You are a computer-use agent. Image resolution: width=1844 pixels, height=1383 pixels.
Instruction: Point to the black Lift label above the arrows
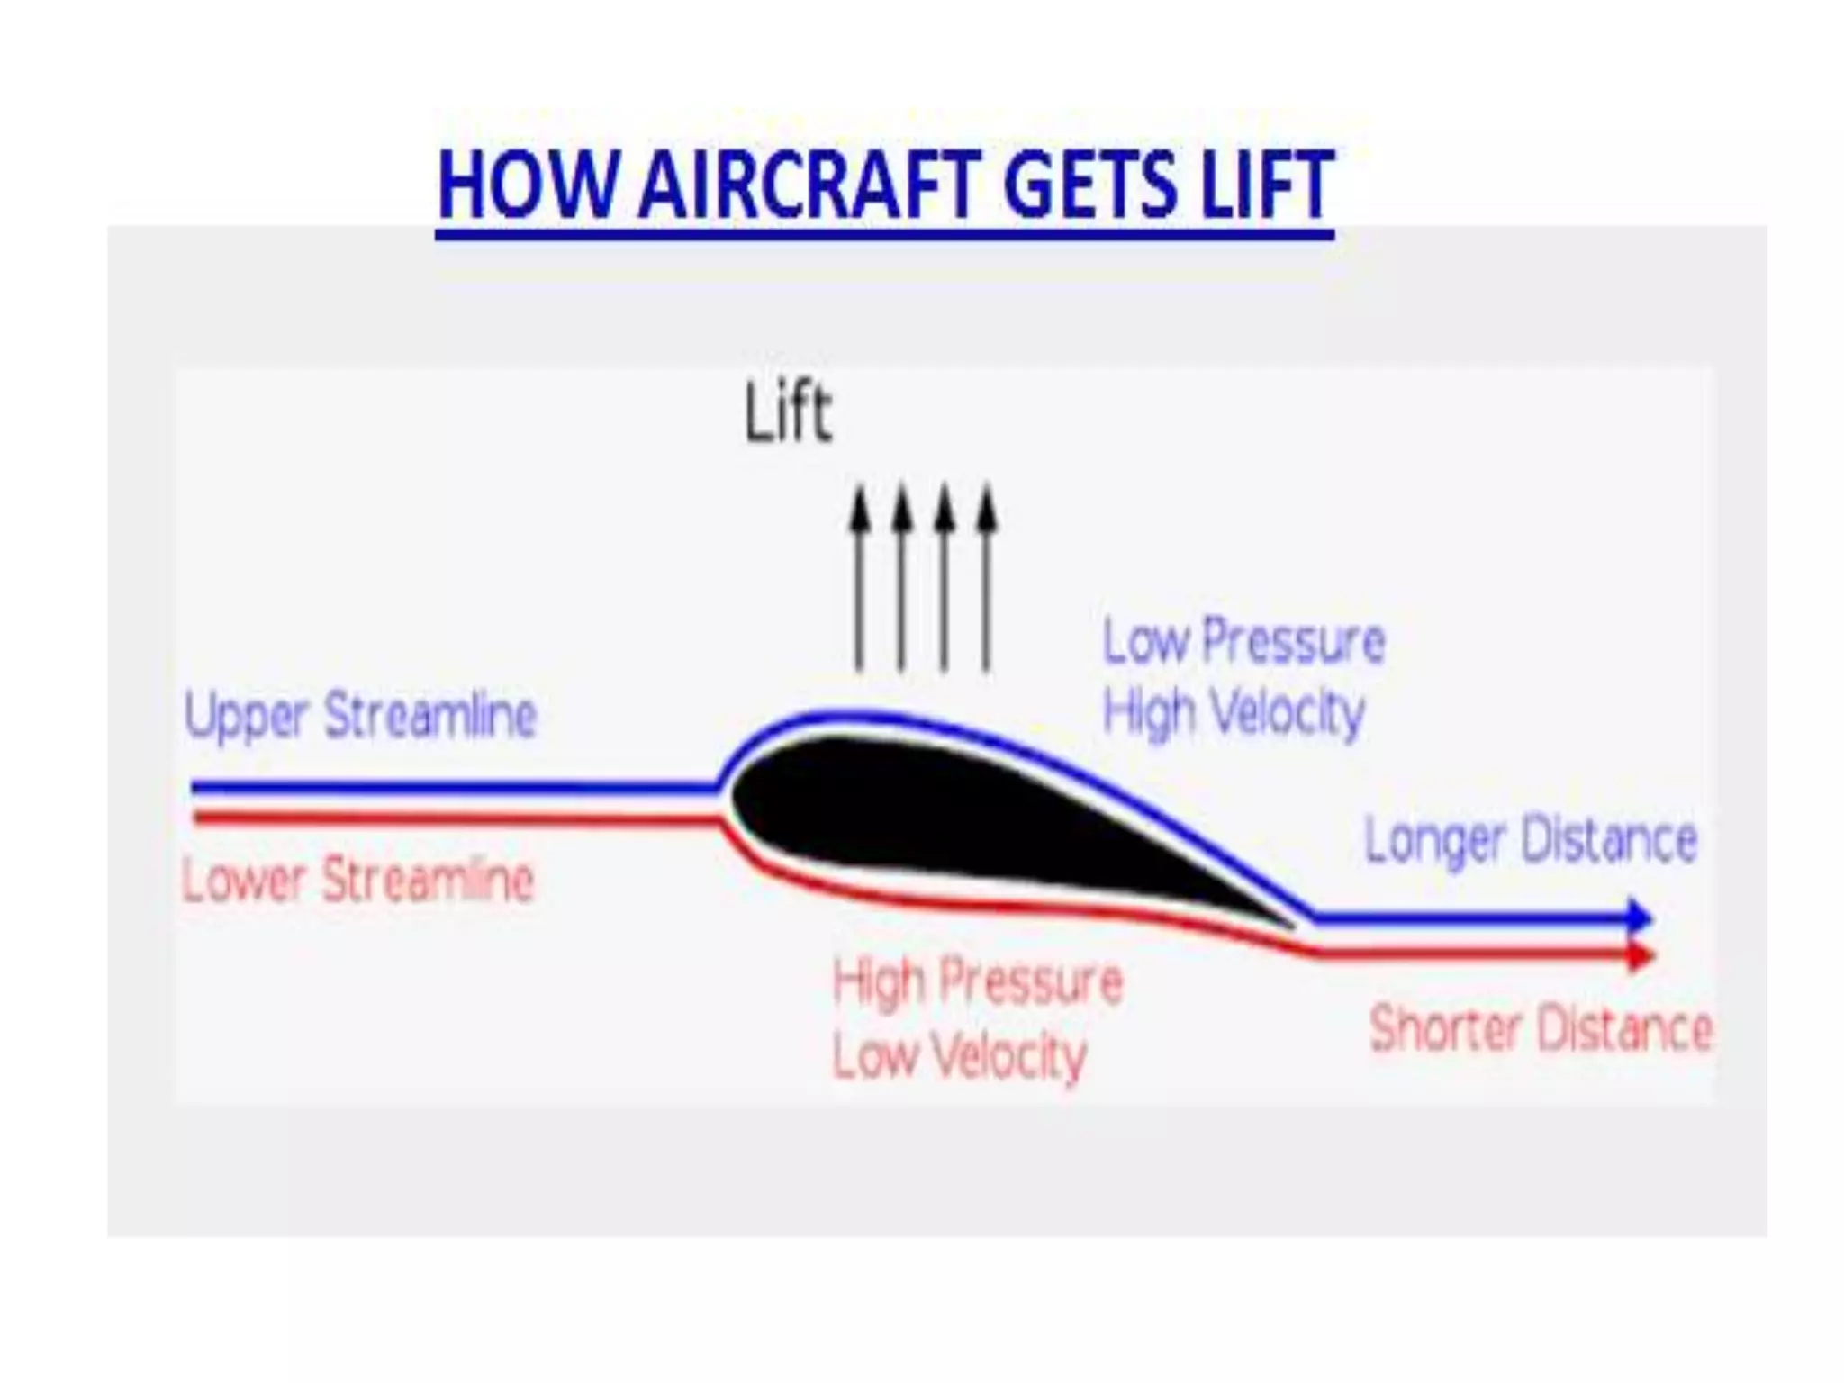point(788,414)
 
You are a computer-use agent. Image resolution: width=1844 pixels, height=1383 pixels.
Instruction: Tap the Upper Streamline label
point(360,717)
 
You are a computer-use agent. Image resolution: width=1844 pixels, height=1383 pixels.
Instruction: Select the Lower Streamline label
point(357,880)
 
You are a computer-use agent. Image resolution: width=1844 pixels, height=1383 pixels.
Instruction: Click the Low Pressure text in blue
point(1243,642)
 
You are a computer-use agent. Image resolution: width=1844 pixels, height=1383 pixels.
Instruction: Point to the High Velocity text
point(1234,713)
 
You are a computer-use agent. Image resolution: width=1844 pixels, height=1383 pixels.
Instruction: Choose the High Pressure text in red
point(978,981)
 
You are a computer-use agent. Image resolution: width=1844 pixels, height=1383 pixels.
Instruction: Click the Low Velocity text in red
point(960,1055)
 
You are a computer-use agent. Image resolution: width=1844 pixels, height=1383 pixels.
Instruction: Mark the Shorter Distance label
point(1540,1029)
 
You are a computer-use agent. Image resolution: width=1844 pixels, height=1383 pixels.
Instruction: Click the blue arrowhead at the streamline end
point(1641,917)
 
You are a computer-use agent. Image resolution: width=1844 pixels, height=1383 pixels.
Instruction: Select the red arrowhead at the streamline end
point(1641,954)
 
